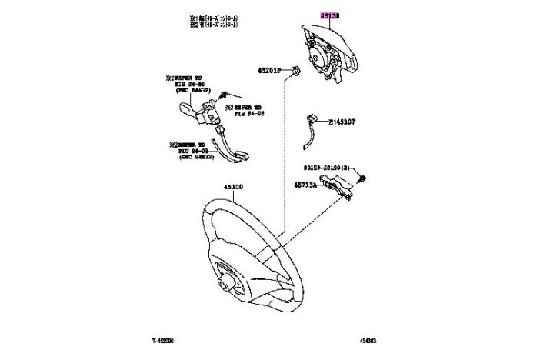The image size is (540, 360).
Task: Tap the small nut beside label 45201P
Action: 295,71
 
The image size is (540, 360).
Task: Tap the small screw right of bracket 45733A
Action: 362,181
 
